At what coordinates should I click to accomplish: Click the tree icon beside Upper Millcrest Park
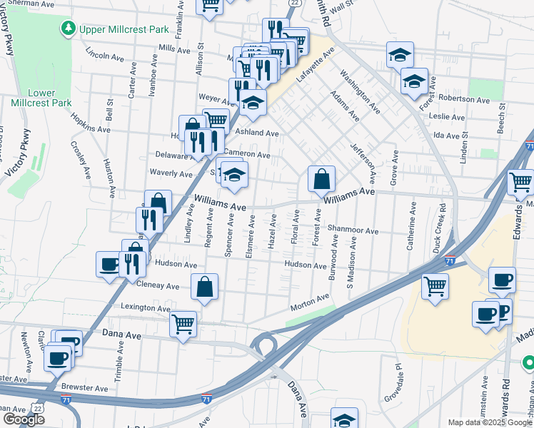pos(68,29)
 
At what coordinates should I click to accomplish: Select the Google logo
pos(24,419)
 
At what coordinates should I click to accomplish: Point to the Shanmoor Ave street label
pos(353,230)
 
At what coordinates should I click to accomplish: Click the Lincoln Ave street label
pos(106,55)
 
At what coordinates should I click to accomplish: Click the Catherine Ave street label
pos(412,225)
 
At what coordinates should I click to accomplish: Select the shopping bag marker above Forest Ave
pos(321,178)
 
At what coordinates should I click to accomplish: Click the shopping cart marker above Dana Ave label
pos(183,323)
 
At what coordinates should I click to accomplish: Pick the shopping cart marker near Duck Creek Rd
pos(435,287)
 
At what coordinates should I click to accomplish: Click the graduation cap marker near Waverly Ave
pos(233,175)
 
